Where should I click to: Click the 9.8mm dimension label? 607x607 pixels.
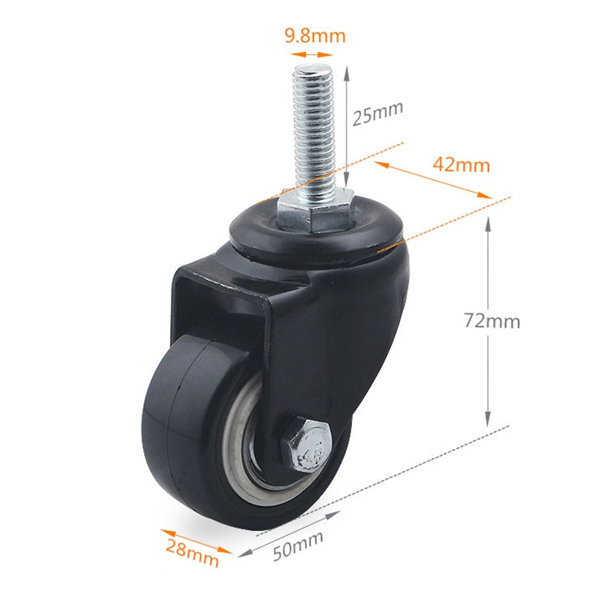[x=315, y=36]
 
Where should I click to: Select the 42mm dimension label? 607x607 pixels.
[x=461, y=164]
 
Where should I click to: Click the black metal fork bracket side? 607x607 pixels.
[x=340, y=340]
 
